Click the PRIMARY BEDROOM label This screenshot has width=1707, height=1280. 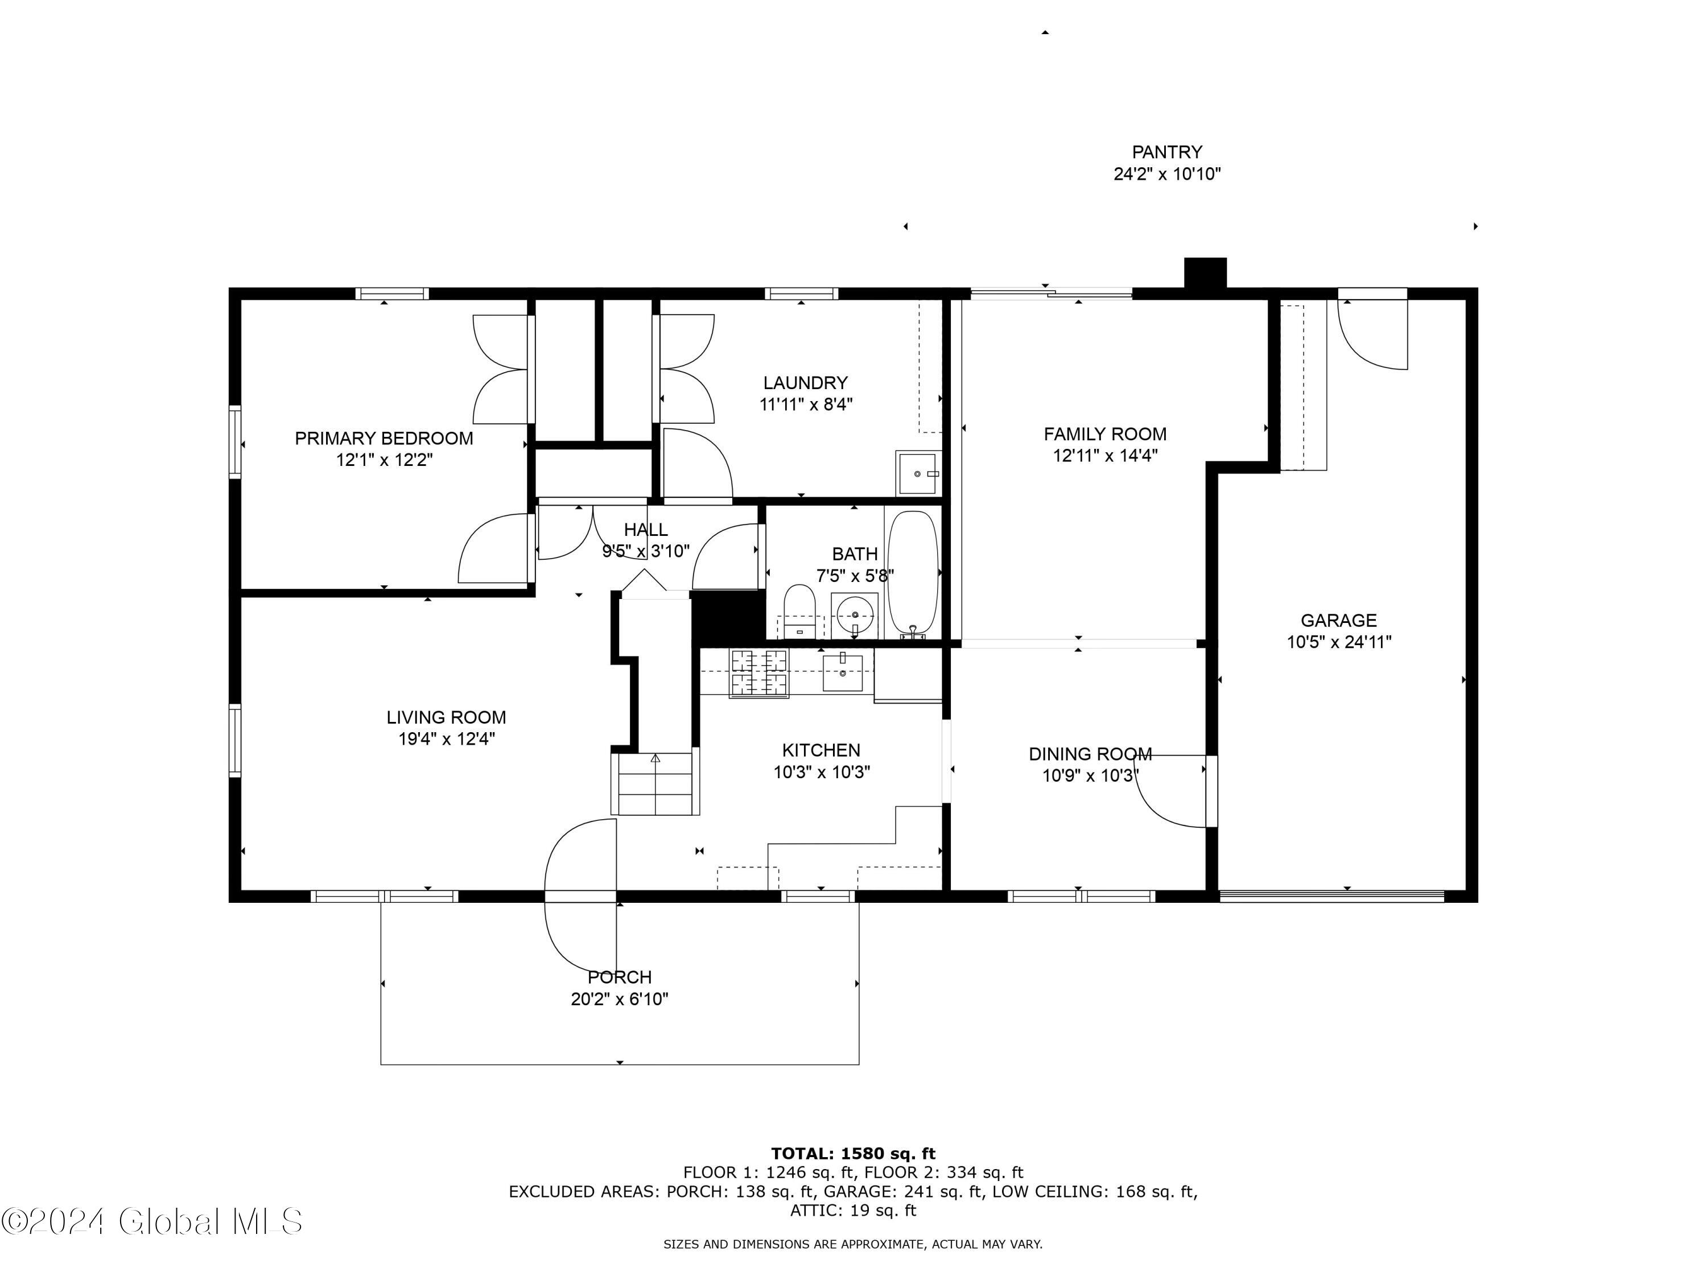pos(384,438)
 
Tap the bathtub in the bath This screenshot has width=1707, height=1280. pos(913,572)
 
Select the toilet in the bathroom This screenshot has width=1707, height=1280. pos(799,611)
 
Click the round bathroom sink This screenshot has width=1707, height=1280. pos(855,616)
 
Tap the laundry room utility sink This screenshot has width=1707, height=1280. pos(918,473)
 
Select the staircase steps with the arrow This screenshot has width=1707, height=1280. pos(655,783)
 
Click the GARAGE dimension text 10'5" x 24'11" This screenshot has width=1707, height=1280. pos(1339,642)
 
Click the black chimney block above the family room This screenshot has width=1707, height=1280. pos(1205,272)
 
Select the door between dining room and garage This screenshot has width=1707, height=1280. pos(1173,791)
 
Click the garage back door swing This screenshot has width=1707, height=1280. pos(1372,333)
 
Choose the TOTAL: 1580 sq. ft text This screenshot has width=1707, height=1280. pos(853,1154)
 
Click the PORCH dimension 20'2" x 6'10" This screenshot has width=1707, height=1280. pos(619,999)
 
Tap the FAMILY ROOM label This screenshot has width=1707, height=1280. pos(1105,433)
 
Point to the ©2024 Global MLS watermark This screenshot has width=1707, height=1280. pos(152,1221)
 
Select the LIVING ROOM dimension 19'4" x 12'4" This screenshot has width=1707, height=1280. pos(446,739)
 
